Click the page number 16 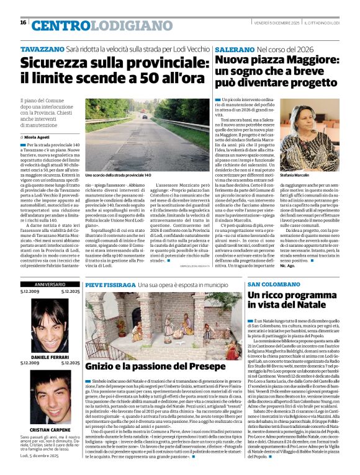click(x=23, y=23)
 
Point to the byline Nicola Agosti click(x=39, y=136)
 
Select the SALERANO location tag click(x=233, y=48)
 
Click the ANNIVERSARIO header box click(x=49, y=284)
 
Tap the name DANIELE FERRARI click(x=49, y=357)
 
